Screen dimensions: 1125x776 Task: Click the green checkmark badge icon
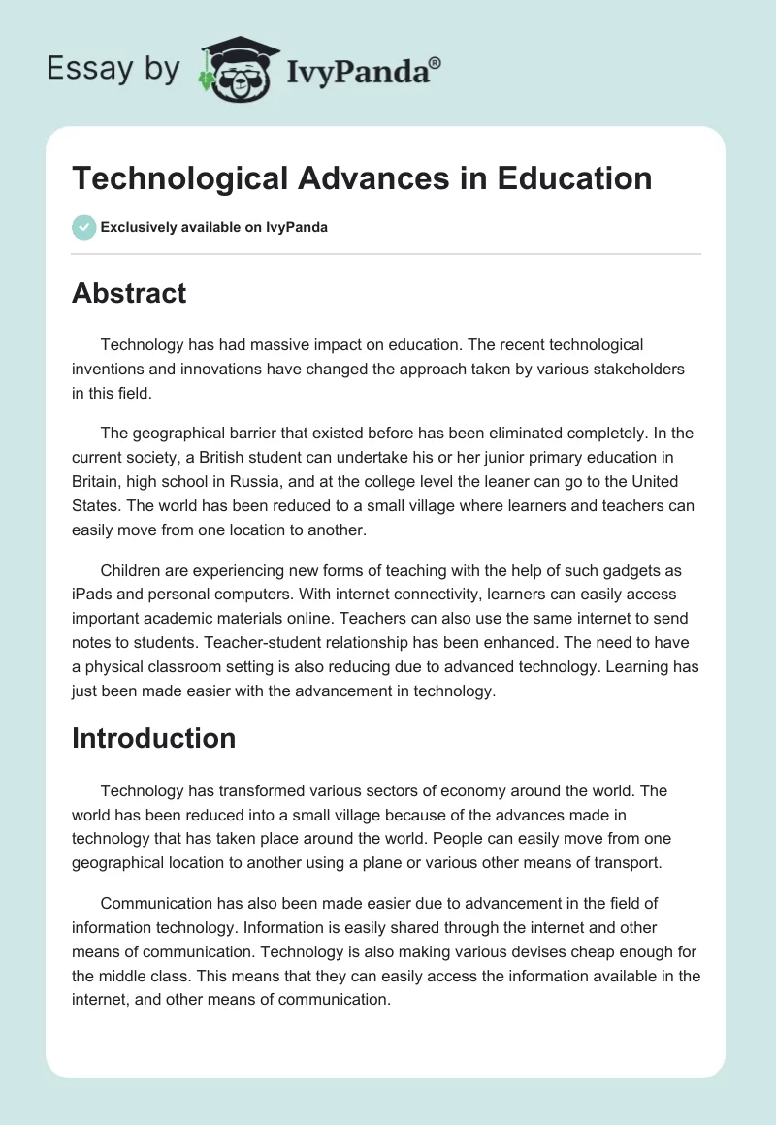(83, 227)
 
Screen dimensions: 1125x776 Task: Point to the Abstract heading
(129, 293)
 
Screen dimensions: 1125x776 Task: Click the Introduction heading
(153, 738)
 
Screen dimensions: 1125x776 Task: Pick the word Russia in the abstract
(271, 482)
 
